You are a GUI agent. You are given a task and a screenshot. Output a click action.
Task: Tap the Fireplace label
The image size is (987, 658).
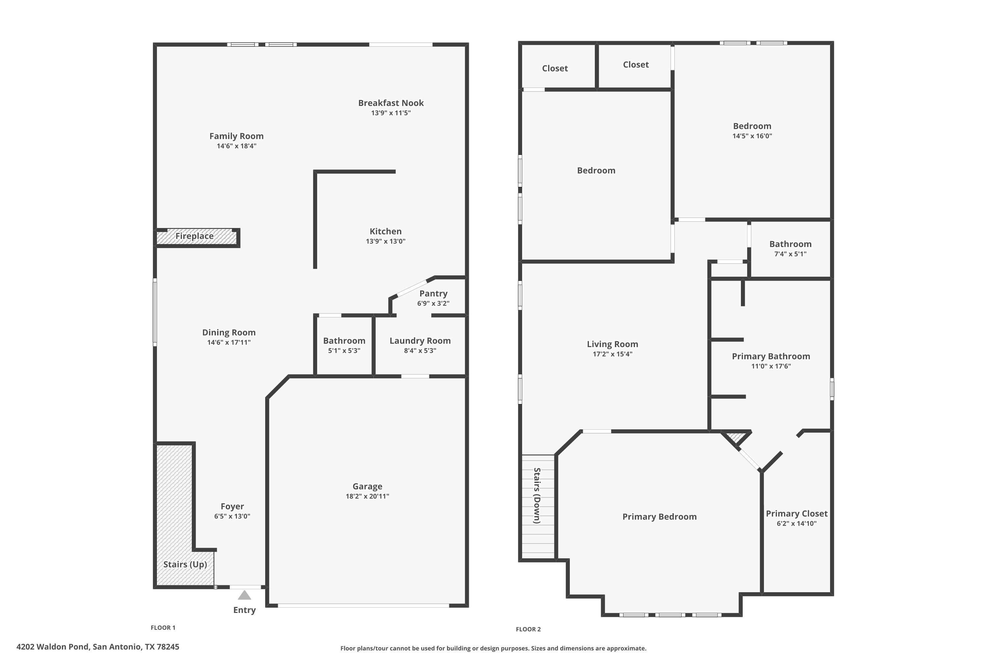coord(194,236)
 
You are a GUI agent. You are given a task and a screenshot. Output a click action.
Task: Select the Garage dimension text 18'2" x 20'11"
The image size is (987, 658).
coord(367,496)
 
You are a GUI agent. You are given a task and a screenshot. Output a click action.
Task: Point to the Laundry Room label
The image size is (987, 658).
coord(420,341)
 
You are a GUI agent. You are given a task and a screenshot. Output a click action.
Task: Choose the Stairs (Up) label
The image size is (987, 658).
coord(185,565)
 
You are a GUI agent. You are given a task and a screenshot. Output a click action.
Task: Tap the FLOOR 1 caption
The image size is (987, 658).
coord(163,627)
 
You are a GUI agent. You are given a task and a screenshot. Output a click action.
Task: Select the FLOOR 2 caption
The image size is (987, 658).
coord(528,629)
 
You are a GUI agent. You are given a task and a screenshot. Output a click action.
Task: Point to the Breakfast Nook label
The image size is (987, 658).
coord(391,103)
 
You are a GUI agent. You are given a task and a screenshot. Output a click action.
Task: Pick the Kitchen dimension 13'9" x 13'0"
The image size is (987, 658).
coord(386,241)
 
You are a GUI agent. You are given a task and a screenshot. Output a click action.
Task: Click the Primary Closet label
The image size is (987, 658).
coord(797,514)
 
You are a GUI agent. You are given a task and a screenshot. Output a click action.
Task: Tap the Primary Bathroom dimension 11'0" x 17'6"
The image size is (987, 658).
coord(771,366)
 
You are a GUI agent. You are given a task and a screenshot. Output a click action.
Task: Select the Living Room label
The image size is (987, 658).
coord(612,344)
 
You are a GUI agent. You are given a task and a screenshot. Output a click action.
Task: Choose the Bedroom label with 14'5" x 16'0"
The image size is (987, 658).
coord(752,126)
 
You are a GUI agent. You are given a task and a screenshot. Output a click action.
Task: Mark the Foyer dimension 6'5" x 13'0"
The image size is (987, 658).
coord(232,516)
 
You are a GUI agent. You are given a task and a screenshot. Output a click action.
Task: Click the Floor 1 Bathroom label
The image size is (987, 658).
coord(344,341)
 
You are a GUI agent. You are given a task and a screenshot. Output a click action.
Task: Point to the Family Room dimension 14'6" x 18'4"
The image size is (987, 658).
coord(236,146)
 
